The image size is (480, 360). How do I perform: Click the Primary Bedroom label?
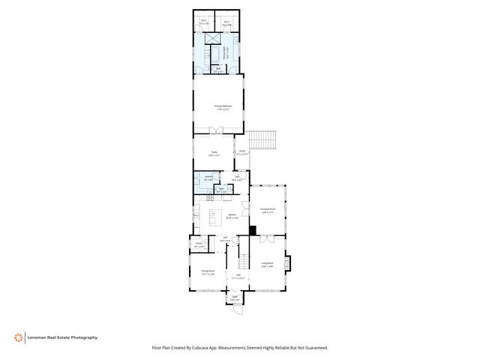[x=223, y=108]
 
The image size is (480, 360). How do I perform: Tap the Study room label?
[x=214, y=154]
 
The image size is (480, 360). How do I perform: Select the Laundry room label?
[x=208, y=178]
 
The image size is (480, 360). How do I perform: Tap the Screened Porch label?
[x=268, y=210]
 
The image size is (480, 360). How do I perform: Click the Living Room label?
[x=266, y=264]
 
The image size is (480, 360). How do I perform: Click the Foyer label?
[x=235, y=298]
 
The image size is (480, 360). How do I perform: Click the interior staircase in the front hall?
[x=242, y=262]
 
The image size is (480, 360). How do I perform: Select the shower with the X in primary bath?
[x=211, y=38]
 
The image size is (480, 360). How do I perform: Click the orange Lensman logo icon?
[x=18, y=337]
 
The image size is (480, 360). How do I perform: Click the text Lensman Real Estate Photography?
[x=63, y=337]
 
